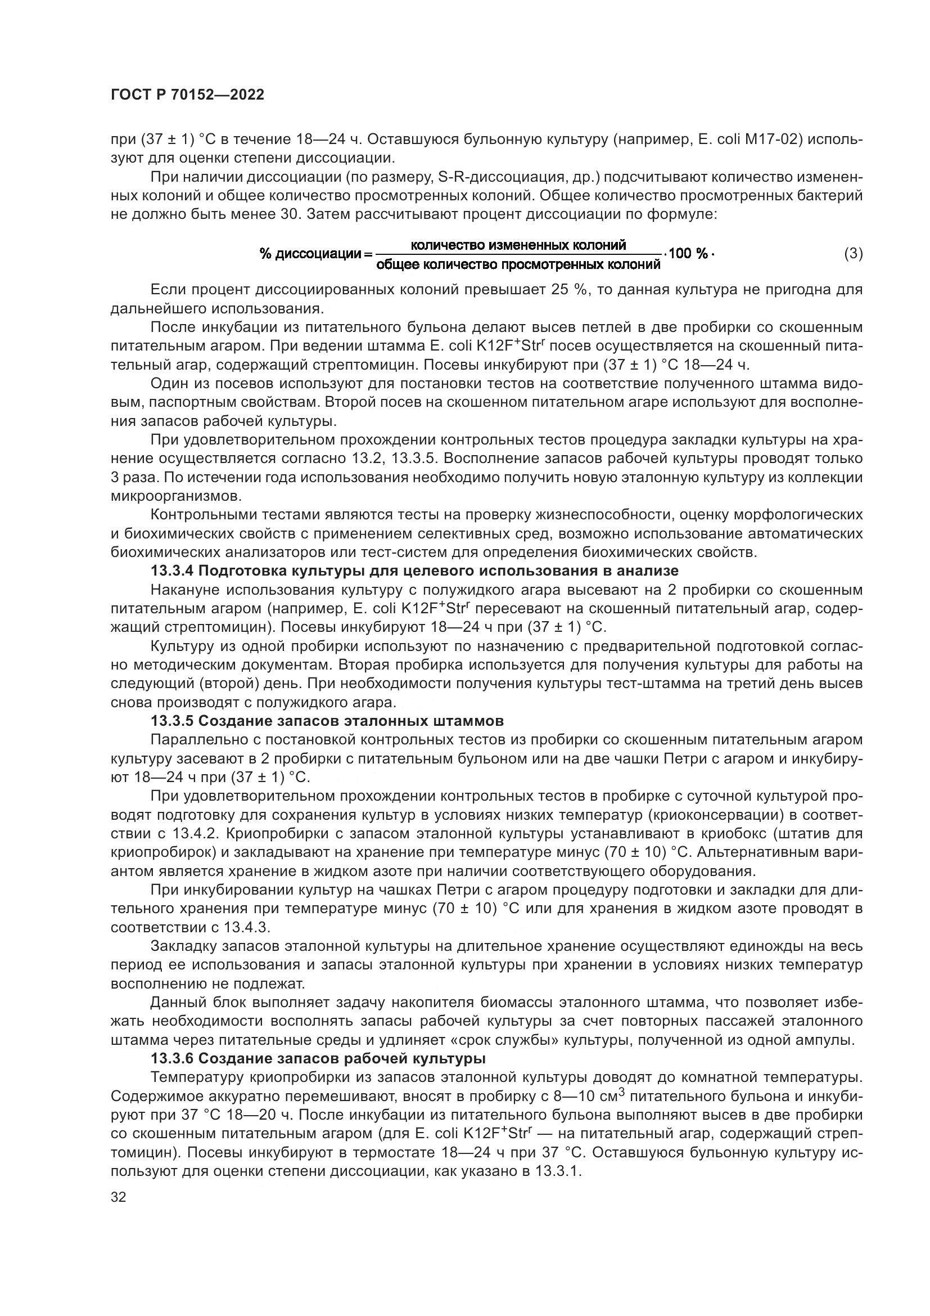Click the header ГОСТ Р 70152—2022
(x=187, y=95)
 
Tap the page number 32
(x=119, y=1198)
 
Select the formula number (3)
(x=854, y=253)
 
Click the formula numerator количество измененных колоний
(x=518, y=245)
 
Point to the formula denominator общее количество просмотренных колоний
(x=518, y=265)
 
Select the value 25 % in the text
(x=569, y=290)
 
